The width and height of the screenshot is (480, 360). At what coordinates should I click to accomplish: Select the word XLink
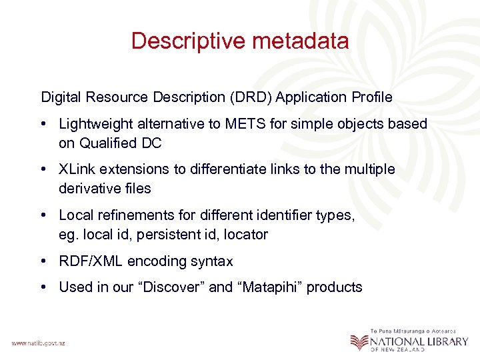(76, 170)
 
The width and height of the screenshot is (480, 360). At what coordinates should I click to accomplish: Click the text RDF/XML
(90, 261)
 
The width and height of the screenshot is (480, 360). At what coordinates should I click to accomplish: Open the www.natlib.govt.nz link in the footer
(38, 343)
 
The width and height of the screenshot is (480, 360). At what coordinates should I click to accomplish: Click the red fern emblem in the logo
(359, 341)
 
